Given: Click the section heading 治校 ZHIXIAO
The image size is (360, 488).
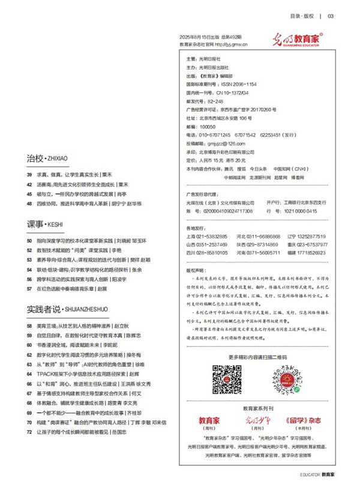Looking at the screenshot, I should pyautogui.click(x=47, y=158).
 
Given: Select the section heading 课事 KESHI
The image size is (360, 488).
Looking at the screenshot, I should pyautogui.click(x=44, y=224).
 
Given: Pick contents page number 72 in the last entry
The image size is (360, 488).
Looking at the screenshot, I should pyautogui.click(x=29, y=432).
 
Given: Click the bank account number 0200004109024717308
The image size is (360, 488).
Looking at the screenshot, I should pyautogui.click(x=226, y=211).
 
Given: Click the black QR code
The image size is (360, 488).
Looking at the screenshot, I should pyautogui.click(x=227, y=379).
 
